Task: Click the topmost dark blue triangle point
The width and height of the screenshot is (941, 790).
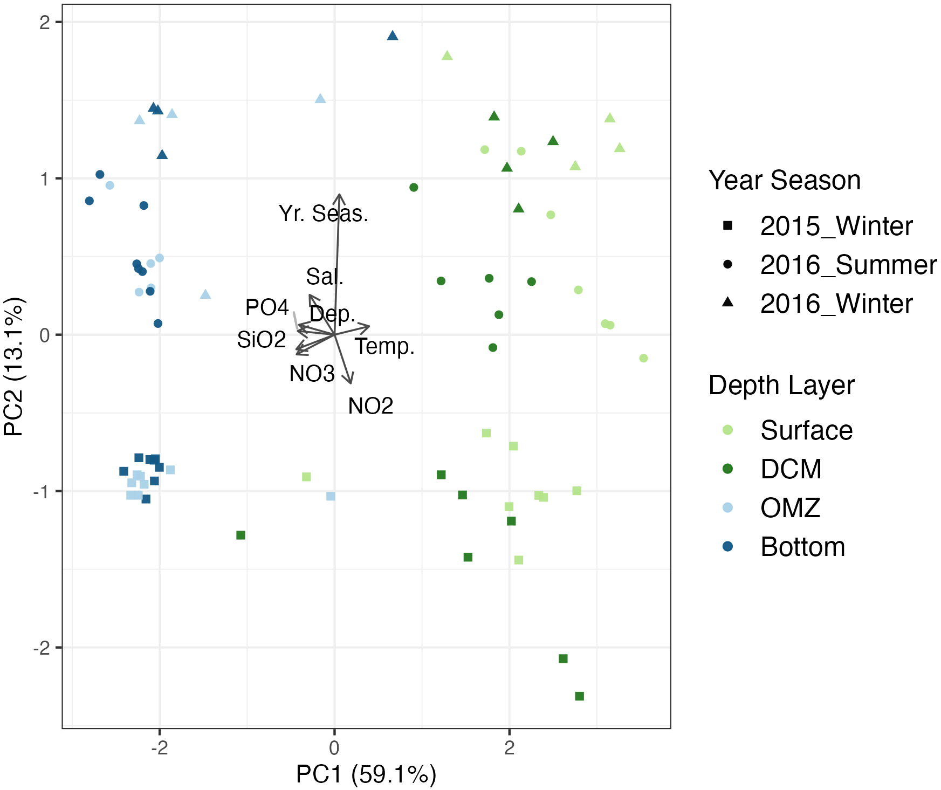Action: coord(393,36)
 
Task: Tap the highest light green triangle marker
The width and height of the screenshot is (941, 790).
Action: coord(447,56)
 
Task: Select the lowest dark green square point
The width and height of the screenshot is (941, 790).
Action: coord(580,696)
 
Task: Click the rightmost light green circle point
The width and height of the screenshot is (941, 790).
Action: coord(643,358)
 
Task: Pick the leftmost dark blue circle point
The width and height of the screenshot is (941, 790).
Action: coord(90,201)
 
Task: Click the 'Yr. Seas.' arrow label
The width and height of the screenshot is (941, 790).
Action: coord(323,214)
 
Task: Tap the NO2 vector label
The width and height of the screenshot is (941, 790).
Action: coord(370,406)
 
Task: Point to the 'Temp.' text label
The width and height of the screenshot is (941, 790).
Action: coord(384,346)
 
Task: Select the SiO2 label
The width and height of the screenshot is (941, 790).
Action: coord(262,340)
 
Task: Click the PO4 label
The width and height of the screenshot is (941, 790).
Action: coord(267,307)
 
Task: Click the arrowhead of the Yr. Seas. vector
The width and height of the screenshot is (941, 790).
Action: coord(339,195)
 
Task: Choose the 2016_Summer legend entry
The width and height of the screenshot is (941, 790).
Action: coord(848,265)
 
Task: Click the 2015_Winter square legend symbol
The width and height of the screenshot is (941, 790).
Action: coord(727,225)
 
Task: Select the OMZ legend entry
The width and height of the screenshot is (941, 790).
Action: coord(790,508)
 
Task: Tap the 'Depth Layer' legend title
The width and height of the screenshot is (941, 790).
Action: coord(781,385)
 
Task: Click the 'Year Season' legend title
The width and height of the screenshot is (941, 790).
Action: coord(785,180)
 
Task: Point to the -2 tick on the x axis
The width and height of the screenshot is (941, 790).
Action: coord(160,747)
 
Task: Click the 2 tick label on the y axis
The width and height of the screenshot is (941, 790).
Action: coord(45,22)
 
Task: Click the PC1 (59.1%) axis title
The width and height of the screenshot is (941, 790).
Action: coord(366,774)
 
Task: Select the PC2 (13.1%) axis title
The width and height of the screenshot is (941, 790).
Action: coord(13,366)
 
